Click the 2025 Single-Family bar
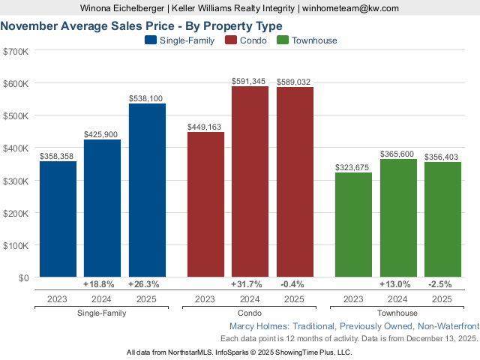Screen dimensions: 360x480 coord(147,190)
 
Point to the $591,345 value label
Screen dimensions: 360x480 coord(250,81)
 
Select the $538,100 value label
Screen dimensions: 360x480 coord(147,97)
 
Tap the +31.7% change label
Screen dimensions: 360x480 coord(250,285)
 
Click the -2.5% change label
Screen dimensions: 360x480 coord(442,285)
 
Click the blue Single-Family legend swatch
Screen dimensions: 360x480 coord(150,40)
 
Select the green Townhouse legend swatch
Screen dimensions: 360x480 coord(283,40)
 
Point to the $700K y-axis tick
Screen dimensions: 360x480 coord(16,51)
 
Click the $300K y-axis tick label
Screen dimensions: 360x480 coord(16,181)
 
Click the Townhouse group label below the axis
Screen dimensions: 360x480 coord(397,313)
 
